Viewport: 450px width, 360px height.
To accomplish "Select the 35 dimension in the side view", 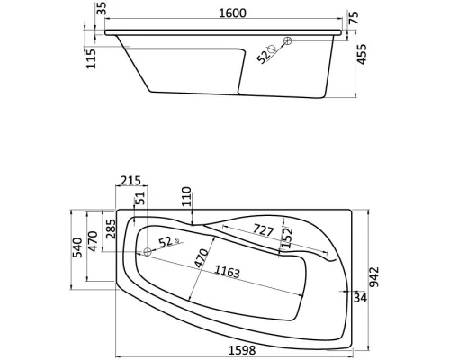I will coord(102,11).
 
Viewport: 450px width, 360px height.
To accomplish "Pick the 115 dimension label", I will coord(92,58).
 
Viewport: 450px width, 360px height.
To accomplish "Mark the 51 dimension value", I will coord(140,199).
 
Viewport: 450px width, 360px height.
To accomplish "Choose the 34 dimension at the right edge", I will coord(361,297).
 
